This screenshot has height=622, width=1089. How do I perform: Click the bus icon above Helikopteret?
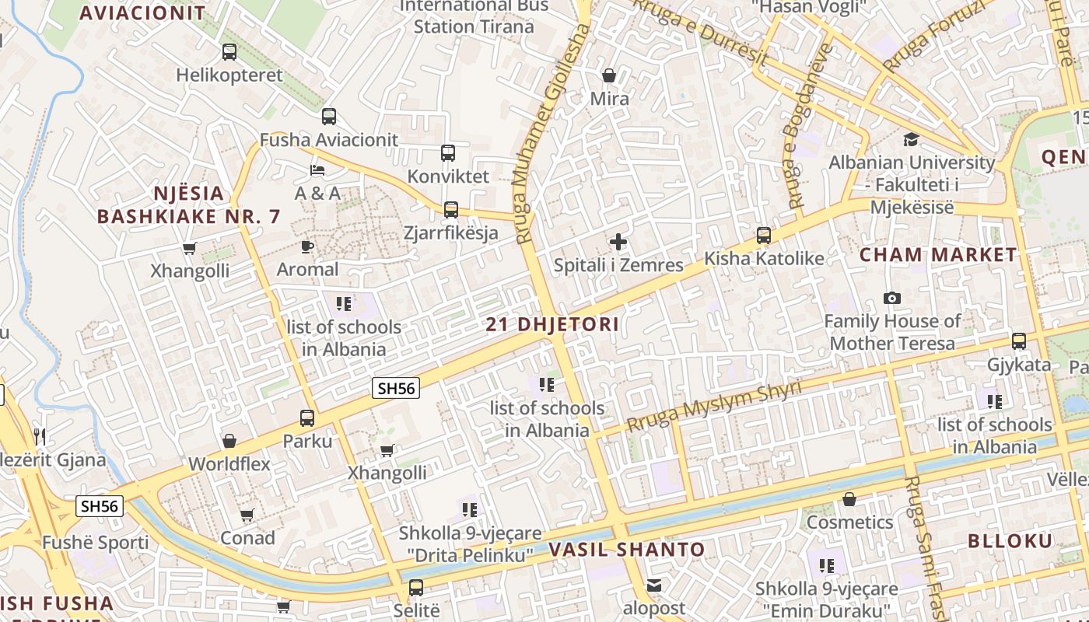click(x=229, y=52)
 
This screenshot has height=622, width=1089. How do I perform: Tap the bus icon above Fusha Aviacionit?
click(x=329, y=117)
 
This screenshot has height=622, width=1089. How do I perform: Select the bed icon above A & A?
click(x=317, y=169)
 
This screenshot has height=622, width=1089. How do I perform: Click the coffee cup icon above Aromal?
click(x=307, y=246)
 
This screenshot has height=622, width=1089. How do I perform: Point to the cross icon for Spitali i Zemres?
click(x=618, y=242)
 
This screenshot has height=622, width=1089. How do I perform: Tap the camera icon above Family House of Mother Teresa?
click(x=892, y=298)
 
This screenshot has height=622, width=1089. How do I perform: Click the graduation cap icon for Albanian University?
click(x=911, y=139)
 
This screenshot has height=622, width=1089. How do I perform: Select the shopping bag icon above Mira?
click(x=609, y=75)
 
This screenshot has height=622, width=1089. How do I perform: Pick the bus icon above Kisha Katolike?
click(x=764, y=235)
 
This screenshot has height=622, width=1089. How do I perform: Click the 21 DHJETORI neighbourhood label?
click(x=552, y=324)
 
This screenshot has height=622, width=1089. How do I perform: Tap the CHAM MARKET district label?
click(x=938, y=255)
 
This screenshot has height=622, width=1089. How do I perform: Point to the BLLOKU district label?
click(x=1010, y=541)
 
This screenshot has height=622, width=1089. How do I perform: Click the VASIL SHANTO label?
click(x=627, y=550)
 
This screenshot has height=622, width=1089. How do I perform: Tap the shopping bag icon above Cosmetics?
click(x=849, y=499)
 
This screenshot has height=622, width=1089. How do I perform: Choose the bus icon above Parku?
click(x=307, y=418)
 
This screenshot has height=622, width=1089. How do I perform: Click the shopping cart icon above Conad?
click(x=247, y=515)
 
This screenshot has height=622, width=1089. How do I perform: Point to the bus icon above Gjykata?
click(x=1019, y=341)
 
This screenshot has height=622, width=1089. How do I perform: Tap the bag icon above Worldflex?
click(x=229, y=442)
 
